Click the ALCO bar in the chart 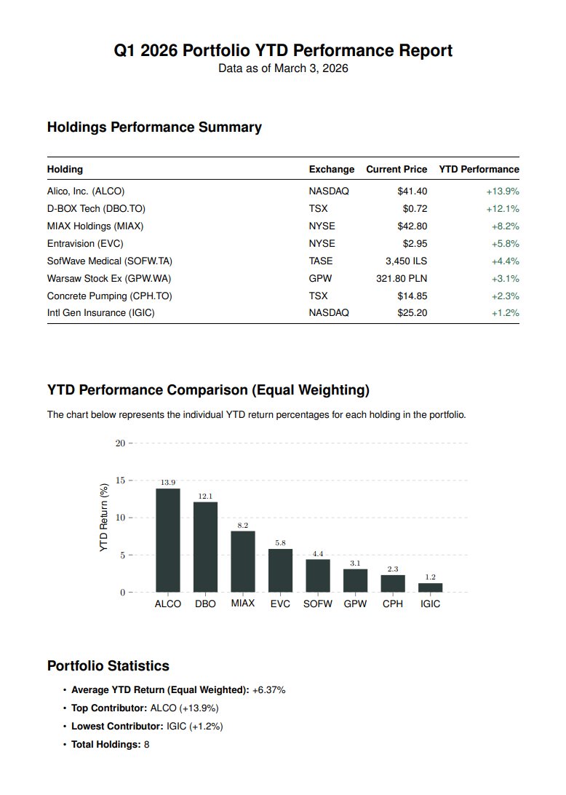[168, 540]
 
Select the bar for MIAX [243, 561]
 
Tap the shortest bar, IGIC [430, 588]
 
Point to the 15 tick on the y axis [120, 480]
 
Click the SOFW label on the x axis [318, 604]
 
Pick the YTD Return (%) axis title [103, 516]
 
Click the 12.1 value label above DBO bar [205, 497]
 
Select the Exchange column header [331, 169]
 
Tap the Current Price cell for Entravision [415, 243]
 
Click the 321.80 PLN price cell [402, 278]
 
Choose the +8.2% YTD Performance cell [505, 226]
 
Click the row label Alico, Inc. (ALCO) [86, 191]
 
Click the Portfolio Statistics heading [108, 666]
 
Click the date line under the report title [283, 68]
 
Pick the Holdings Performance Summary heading [154, 127]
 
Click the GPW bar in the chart [355, 581]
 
